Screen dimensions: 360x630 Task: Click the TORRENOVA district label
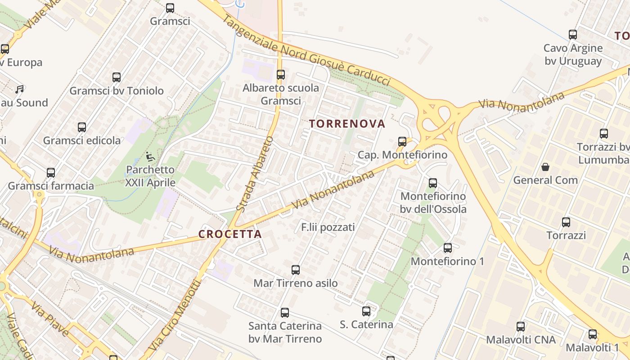click(x=347, y=124)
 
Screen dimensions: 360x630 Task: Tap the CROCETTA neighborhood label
click(x=230, y=234)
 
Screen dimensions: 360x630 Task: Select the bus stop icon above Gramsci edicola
click(x=81, y=127)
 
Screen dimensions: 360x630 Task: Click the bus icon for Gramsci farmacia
click(x=51, y=173)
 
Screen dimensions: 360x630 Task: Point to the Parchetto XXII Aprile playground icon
click(x=150, y=157)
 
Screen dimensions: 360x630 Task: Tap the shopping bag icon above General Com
click(x=545, y=167)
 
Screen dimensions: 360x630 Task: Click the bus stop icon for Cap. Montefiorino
click(x=402, y=142)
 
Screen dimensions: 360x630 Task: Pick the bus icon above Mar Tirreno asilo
click(x=296, y=270)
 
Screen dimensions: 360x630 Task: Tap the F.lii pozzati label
click(x=328, y=227)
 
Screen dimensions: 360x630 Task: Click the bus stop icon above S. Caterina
click(x=366, y=311)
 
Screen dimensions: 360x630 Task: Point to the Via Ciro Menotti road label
click(x=176, y=315)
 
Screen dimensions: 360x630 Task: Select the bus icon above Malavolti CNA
click(x=521, y=327)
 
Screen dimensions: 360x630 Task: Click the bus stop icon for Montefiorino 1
click(x=448, y=248)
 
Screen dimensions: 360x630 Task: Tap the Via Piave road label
click(x=49, y=319)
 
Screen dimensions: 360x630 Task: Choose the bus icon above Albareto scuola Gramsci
click(x=281, y=75)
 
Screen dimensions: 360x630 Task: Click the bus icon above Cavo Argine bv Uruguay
click(x=573, y=35)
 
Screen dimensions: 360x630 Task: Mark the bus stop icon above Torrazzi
click(x=566, y=222)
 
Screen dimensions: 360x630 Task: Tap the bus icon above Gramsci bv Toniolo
click(x=117, y=77)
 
